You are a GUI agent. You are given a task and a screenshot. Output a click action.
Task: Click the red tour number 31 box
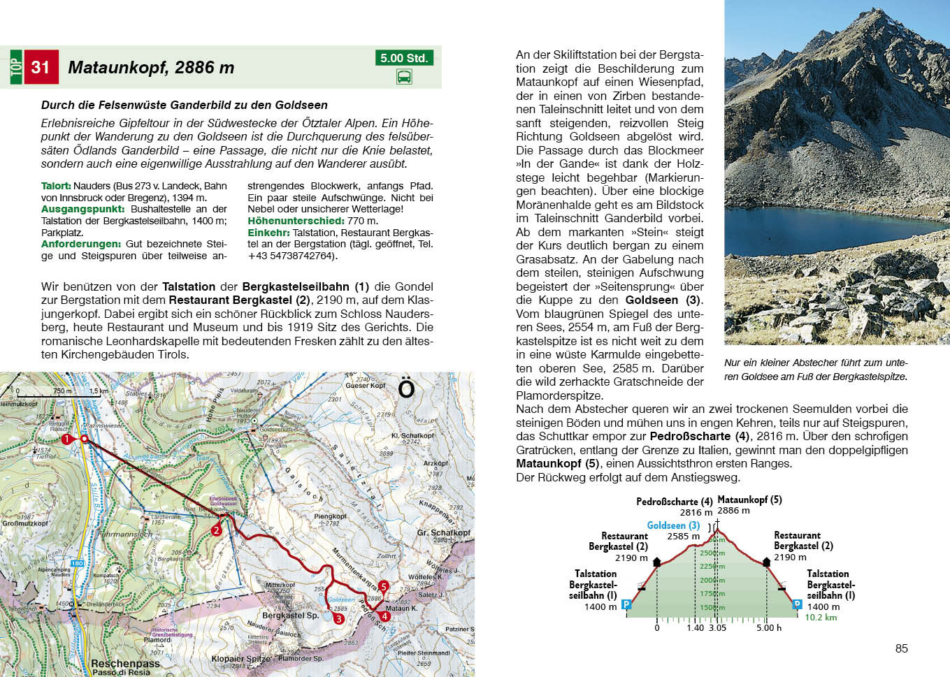41,67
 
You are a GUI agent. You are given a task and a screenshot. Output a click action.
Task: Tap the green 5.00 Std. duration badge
404,58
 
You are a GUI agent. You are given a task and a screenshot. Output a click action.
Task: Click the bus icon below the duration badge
404,77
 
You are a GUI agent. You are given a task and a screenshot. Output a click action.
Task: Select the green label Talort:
56,186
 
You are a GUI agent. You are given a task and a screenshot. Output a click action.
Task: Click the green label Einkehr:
268,233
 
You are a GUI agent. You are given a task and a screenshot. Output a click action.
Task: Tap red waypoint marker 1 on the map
66,439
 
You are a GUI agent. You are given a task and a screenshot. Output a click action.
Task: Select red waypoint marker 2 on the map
216,530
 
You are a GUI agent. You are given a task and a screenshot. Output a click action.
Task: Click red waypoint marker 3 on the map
338,618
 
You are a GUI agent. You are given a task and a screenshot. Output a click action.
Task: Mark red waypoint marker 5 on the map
383,586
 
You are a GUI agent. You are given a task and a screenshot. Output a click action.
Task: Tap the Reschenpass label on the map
125,663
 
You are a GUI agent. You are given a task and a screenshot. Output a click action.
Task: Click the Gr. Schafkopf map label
443,532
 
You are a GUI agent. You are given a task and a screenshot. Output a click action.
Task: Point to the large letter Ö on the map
406,388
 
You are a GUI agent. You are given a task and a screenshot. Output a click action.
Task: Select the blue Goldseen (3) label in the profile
673,525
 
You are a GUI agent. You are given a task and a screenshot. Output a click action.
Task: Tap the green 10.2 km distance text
821,617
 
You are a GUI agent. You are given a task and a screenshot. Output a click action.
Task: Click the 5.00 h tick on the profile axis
768,627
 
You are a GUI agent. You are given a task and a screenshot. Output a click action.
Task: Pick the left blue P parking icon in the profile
626,604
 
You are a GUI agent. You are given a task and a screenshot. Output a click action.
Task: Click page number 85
901,648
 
